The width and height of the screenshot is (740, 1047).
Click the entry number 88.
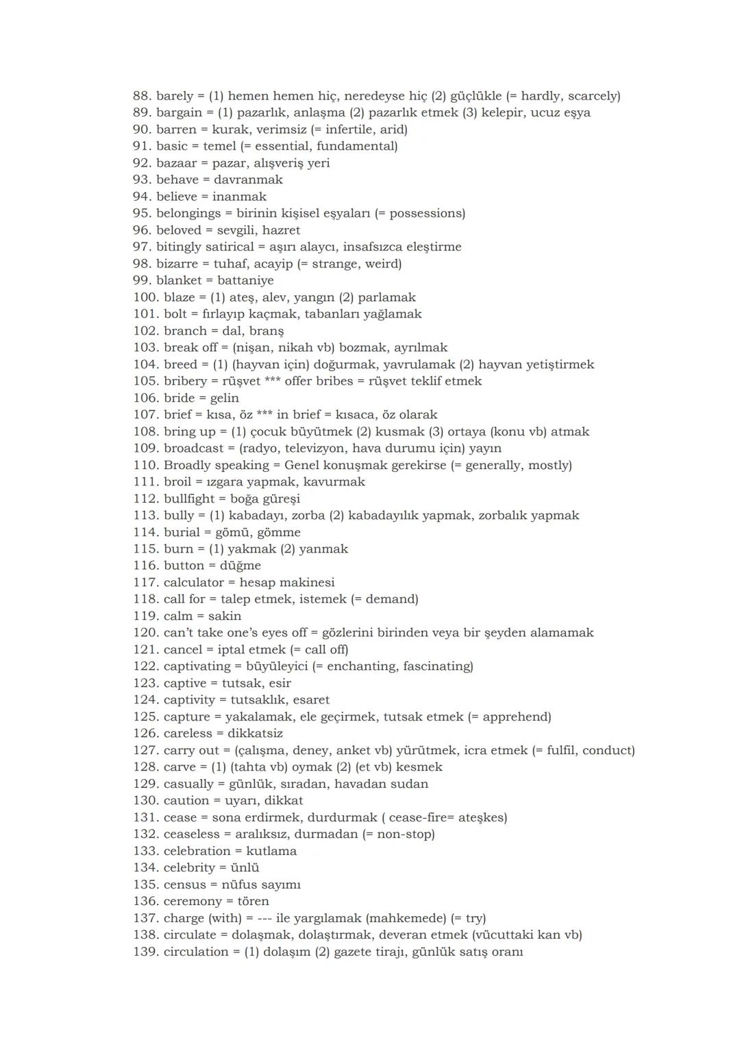tap(142, 96)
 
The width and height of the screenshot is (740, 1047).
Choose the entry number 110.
tap(145, 466)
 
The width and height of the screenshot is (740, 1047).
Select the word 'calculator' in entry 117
tap(193, 583)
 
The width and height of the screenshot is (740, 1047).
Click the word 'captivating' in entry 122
tap(197, 666)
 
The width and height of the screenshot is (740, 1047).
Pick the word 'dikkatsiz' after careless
tap(255, 734)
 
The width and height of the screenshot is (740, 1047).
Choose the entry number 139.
tap(145, 952)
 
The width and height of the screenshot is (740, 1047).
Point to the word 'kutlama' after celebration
tap(271, 852)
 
